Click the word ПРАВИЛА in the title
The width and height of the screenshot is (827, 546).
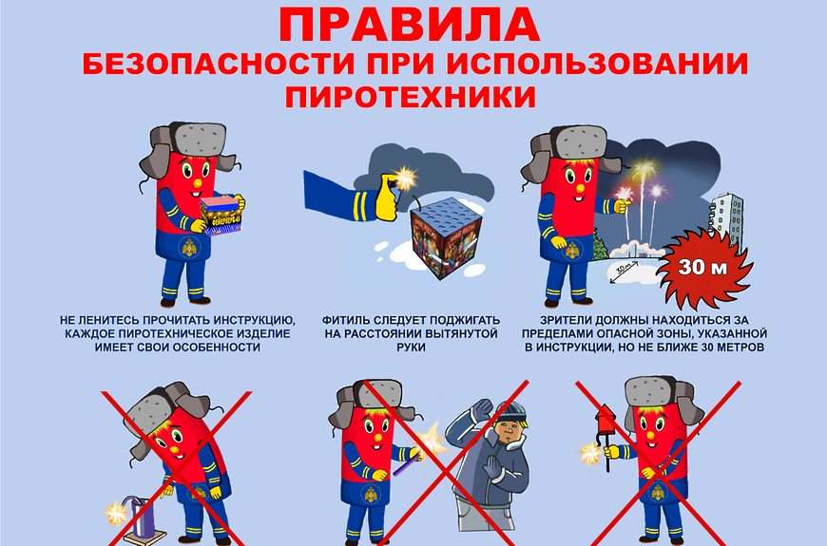[x=410, y=25]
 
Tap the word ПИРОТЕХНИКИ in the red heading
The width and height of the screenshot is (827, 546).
[x=411, y=96]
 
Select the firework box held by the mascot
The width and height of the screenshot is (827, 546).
[x=222, y=215]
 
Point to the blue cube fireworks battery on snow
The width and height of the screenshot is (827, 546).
[x=446, y=237]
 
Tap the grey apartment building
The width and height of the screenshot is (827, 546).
[x=727, y=221]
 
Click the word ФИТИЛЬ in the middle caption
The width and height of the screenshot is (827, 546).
[x=347, y=320]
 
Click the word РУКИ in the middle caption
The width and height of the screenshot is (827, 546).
[x=411, y=348]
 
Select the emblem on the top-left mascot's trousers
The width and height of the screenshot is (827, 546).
[x=189, y=247]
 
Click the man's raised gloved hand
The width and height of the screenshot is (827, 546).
[x=481, y=410]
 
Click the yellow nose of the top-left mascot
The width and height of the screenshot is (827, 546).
[x=198, y=183]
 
